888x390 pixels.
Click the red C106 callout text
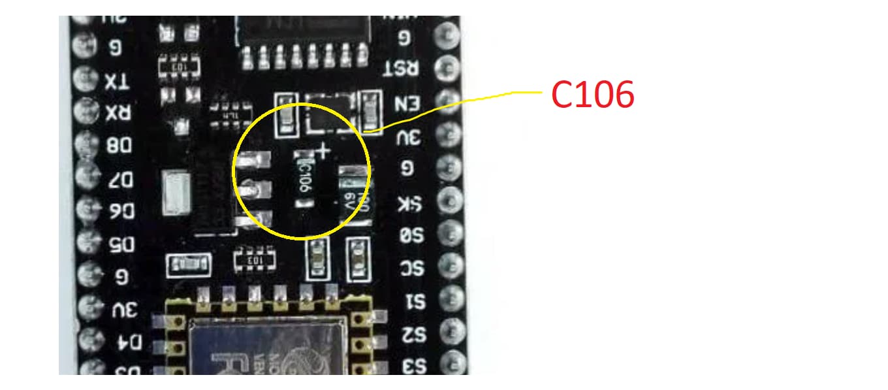pos(592,96)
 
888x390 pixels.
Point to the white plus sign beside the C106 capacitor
pos(323,152)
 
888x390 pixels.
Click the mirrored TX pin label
pos(118,81)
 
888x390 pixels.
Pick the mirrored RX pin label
pos(118,114)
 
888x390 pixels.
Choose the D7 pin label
pos(120,178)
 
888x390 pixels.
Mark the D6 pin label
pos(120,211)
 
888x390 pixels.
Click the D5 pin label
pos(120,244)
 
